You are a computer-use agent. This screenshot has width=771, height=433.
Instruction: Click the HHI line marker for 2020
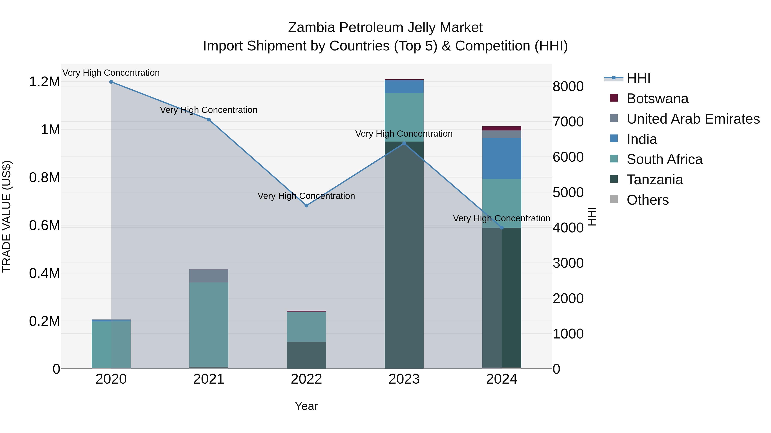[x=111, y=82]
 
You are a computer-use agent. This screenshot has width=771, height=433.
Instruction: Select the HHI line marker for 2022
[x=306, y=205]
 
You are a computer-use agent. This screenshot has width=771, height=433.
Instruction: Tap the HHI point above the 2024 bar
[x=502, y=228]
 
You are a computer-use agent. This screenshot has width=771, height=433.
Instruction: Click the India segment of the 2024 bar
[x=502, y=158]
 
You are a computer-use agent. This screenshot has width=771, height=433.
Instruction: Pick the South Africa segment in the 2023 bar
[x=404, y=117]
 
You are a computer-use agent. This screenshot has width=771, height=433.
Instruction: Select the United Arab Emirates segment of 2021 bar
[x=209, y=276]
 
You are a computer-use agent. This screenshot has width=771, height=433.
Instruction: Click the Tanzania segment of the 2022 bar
[x=306, y=355]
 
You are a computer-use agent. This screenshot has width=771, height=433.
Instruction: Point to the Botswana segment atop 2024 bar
[x=502, y=129]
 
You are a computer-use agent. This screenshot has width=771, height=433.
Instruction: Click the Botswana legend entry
[x=657, y=99]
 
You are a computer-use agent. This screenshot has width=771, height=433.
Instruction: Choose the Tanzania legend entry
[x=654, y=180]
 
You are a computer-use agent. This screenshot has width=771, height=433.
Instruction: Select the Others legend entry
[x=647, y=200]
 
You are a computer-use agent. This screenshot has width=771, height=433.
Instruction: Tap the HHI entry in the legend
[x=638, y=78]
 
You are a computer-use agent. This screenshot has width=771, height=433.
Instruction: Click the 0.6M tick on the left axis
[x=45, y=226]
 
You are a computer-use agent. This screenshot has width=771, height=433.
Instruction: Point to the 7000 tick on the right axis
[x=568, y=122]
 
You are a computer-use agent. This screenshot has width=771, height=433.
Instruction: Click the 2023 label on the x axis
[x=404, y=379]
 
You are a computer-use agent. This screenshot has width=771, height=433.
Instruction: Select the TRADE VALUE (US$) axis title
[x=7, y=216]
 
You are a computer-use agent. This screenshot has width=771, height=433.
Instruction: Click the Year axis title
[x=306, y=406]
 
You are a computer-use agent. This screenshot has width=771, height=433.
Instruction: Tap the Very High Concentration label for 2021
[x=209, y=110]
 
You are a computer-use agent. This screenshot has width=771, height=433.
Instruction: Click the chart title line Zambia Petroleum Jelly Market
[x=385, y=28]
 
